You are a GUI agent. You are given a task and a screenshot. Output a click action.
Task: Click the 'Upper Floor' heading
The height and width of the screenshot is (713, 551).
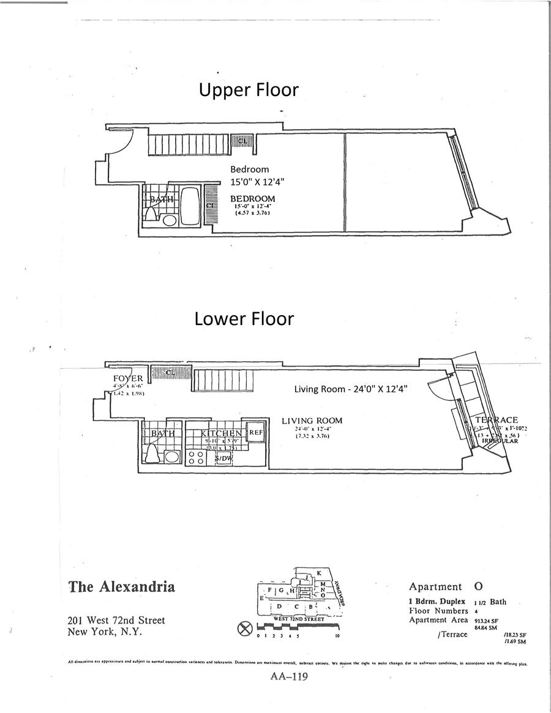pyautogui.click(x=249, y=90)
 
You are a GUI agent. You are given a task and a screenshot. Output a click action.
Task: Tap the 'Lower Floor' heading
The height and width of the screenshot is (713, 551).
pyautogui.click(x=244, y=319)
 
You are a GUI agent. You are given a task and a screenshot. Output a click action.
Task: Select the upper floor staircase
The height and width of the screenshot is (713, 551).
pyautogui.click(x=187, y=145)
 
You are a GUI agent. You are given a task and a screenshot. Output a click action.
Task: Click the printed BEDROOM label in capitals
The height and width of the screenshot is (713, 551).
pyautogui.click(x=252, y=199)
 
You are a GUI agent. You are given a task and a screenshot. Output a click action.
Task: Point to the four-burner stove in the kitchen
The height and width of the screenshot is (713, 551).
pyautogui.click(x=197, y=457)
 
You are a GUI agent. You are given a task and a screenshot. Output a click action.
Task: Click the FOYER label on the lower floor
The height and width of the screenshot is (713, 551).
pyautogui.click(x=127, y=379)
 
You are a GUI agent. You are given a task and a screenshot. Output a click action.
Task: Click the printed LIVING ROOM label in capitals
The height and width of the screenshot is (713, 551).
pyautogui.click(x=312, y=421)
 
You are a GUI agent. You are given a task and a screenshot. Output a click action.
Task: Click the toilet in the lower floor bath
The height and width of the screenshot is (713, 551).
pyautogui.click(x=152, y=454)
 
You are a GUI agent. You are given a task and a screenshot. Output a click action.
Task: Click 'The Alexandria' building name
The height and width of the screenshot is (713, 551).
pyautogui.click(x=122, y=587)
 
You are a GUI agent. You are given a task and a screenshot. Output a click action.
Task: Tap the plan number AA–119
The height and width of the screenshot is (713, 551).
pyautogui.click(x=288, y=676)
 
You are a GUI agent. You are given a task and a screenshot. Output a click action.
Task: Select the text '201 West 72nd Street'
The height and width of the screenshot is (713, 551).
pyautogui.click(x=117, y=621)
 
